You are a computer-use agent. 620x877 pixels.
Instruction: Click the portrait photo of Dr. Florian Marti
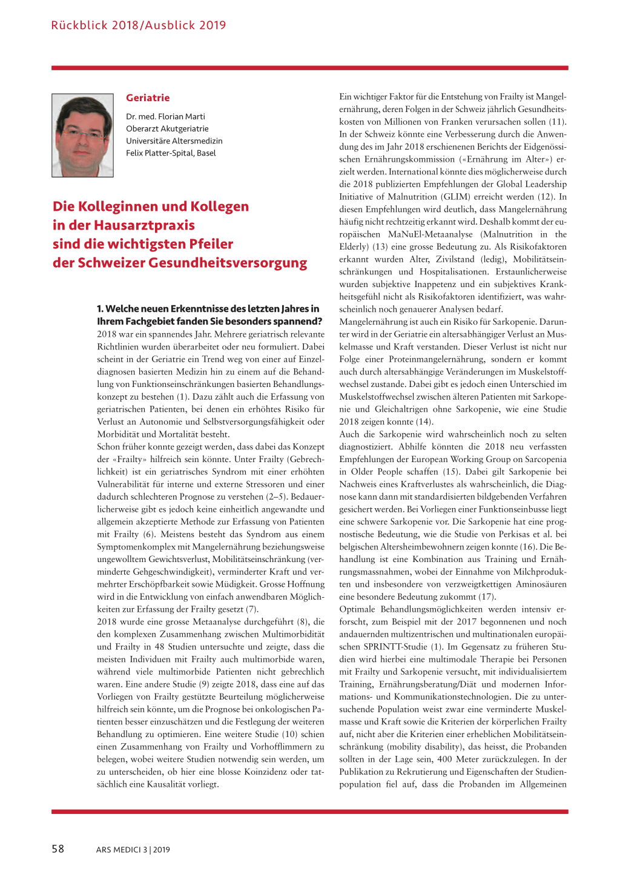click(x=82, y=135)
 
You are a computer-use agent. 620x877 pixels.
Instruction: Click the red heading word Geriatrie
click(x=148, y=98)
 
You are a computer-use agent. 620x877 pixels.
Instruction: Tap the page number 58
click(x=58, y=849)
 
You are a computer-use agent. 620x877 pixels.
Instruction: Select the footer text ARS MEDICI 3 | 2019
click(x=133, y=850)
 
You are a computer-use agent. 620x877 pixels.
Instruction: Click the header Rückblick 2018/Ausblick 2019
click(x=139, y=25)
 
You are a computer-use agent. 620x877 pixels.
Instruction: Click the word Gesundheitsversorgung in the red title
click(x=228, y=263)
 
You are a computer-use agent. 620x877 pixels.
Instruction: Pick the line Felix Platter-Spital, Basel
click(x=171, y=153)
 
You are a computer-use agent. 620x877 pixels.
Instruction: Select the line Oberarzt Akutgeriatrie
click(x=167, y=129)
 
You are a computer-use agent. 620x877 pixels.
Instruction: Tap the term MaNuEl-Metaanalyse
click(x=430, y=234)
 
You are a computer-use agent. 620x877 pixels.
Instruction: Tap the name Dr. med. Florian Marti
click(x=165, y=117)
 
